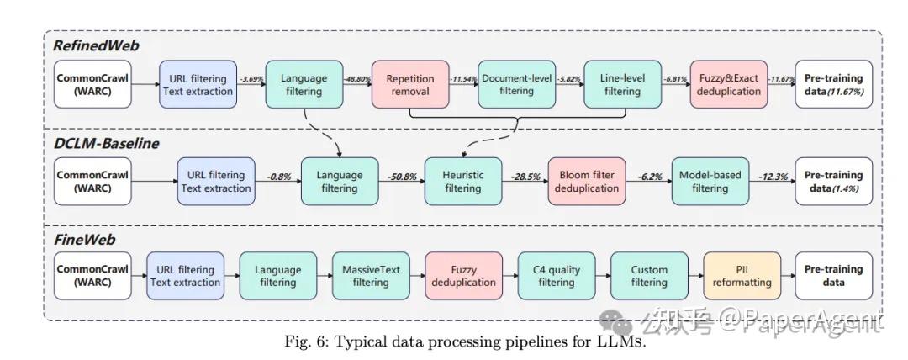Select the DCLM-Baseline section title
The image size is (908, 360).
(106, 143)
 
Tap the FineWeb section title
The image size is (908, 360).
(85, 240)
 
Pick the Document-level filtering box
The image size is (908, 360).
(515, 85)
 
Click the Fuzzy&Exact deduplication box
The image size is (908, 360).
(727, 85)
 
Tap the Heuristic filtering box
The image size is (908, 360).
(464, 182)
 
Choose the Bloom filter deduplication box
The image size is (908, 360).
(587, 182)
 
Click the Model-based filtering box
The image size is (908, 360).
(710, 182)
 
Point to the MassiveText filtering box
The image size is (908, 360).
(371, 276)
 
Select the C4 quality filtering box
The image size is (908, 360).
(556, 276)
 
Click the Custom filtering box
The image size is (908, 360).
(649, 276)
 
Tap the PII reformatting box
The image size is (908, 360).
(742, 276)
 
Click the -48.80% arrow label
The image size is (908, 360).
(358, 78)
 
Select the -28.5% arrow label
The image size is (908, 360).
(526, 177)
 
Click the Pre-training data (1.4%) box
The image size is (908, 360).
(833, 182)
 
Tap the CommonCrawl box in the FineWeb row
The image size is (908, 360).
(92, 276)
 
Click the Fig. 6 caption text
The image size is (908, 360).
(455, 343)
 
